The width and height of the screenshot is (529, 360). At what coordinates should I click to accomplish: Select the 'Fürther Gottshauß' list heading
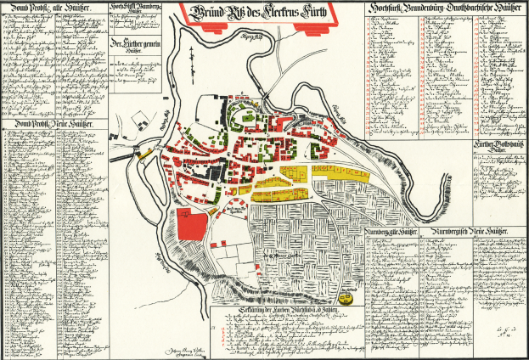click(500, 145)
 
